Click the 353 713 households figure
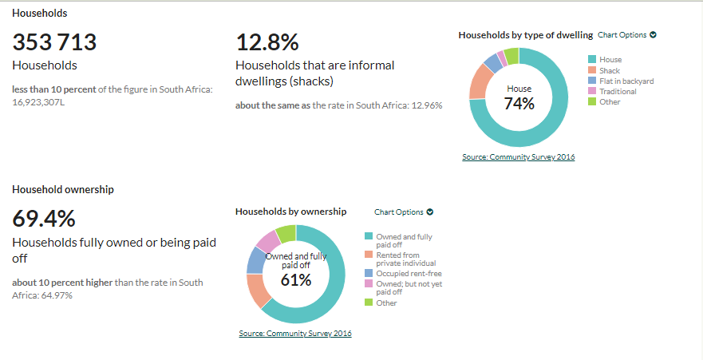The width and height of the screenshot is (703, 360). click(x=54, y=43)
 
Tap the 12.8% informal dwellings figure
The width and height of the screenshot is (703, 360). click(x=267, y=43)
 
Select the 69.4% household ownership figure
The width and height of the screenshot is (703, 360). click(x=44, y=219)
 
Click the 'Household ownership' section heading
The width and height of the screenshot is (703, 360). click(x=63, y=189)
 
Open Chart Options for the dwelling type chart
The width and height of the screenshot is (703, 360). click(x=626, y=35)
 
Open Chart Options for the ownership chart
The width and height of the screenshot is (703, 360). click(x=404, y=212)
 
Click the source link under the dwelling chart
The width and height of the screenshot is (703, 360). click(x=518, y=156)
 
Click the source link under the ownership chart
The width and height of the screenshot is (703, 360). click(x=294, y=333)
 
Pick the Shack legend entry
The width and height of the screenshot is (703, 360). click(x=610, y=70)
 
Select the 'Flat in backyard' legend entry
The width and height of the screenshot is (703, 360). click(x=626, y=81)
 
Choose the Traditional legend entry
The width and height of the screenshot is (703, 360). click(x=618, y=91)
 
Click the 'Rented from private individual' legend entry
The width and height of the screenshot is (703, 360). click(x=405, y=258)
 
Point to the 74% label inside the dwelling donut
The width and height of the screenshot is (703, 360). click(x=519, y=103)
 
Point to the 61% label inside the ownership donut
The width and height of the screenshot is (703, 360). click(x=295, y=279)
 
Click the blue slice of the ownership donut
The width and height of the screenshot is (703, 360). click(x=255, y=260)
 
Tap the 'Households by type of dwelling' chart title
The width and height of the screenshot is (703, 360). click(x=525, y=35)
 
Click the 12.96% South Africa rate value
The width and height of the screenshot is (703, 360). click(x=426, y=105)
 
